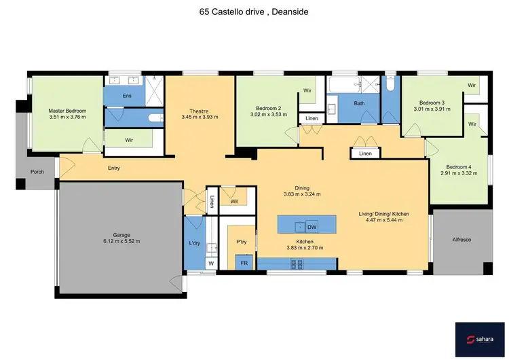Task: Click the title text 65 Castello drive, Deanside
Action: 254,12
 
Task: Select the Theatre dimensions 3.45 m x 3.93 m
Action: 199,118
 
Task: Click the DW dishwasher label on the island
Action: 312,226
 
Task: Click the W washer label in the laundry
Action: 210,263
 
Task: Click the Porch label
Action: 37,172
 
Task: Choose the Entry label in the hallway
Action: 113,167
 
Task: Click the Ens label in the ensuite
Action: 127,96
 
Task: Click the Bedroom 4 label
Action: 459,167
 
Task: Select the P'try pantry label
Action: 240,242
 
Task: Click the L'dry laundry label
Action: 194,242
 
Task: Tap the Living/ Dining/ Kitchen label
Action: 381,213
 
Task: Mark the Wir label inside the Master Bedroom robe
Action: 129,141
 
